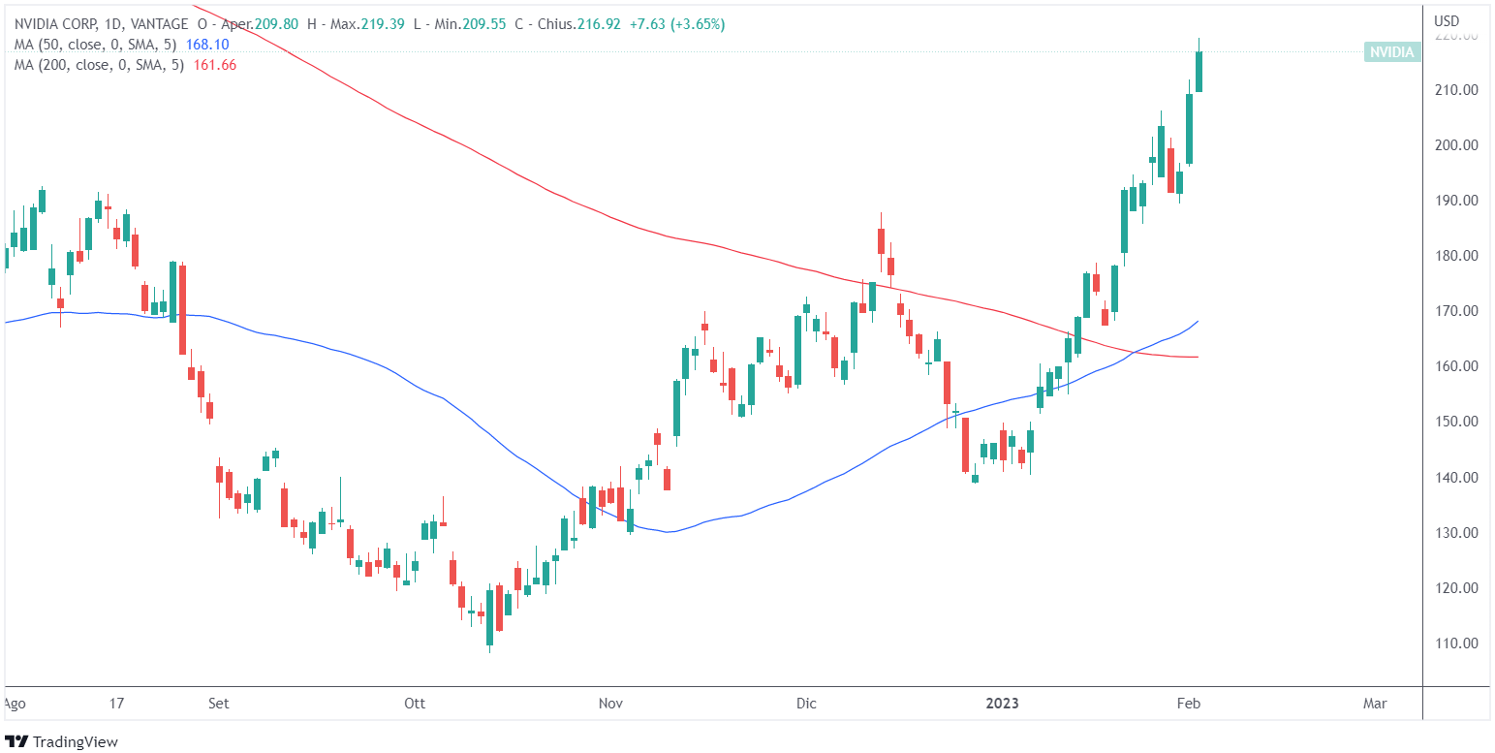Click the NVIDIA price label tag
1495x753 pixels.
point(1391,52)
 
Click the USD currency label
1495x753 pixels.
point(1447,21)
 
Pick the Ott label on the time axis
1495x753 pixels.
point(416,704)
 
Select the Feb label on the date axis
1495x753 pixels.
point(1189,704)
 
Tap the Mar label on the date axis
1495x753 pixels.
point(1374,704)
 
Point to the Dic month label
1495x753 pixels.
point(806,704)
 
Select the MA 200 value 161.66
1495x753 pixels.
point(215,65)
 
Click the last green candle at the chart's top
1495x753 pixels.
point(1199,72)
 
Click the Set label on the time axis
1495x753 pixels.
point(219,704)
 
